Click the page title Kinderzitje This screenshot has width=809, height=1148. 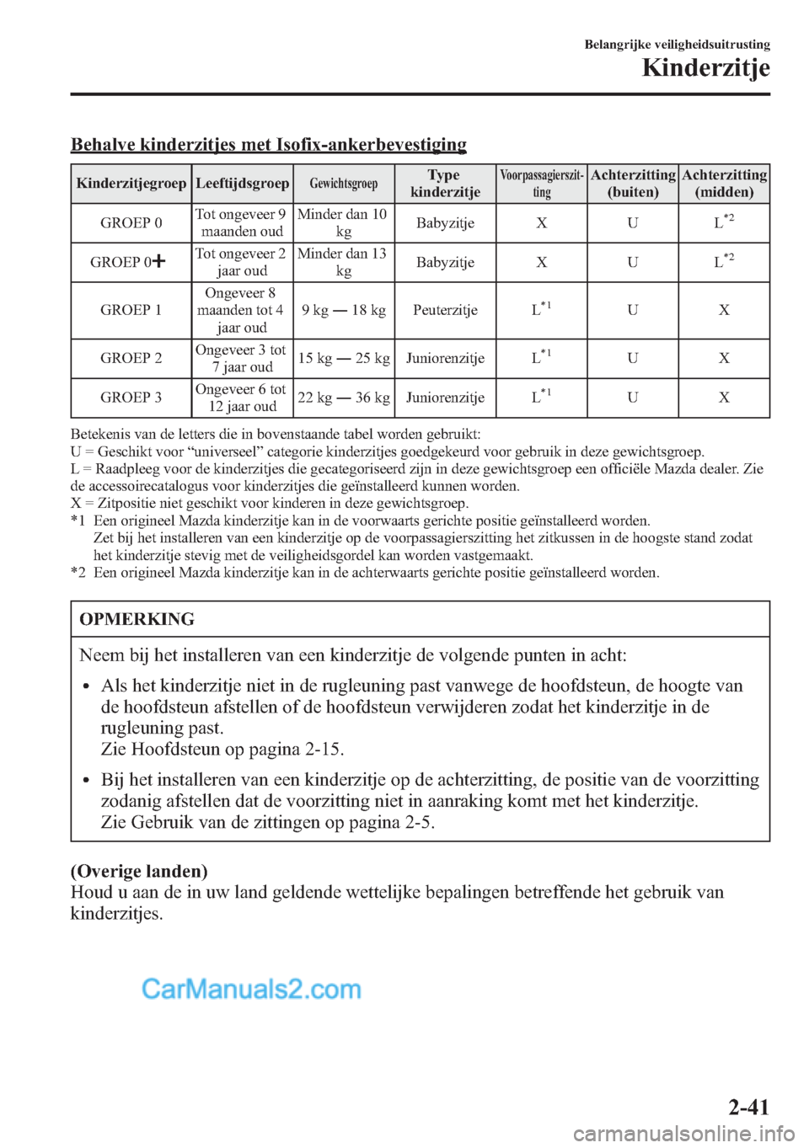click(705, 68)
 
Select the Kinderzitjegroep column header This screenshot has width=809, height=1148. click(131, 184)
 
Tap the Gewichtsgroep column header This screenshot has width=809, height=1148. click(344, 184)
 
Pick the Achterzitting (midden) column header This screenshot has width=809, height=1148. click(724, 184)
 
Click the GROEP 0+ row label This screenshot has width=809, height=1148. click(128, 262)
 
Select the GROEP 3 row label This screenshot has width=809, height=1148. click(131, 398)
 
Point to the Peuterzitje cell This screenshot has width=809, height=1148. click(445, 310)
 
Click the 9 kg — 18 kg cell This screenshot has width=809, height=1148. click(344, 310)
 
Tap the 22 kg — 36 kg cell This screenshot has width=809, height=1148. click(344, 398)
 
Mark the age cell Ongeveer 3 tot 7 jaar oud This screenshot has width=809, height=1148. click(241, 358)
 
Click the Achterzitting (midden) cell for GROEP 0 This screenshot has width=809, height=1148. click(723, 223)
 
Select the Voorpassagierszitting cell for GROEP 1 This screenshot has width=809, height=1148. click(541, 310)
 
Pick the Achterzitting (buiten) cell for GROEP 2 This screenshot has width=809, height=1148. click(632, 358)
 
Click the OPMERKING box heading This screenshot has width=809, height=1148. click(137, 620)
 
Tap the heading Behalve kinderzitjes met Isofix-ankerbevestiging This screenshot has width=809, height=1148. click(269, 144)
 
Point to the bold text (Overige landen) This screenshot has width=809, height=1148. click(139, 871)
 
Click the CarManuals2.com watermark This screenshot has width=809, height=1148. click(251, 989)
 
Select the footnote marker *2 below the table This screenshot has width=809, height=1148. click(78, 573)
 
